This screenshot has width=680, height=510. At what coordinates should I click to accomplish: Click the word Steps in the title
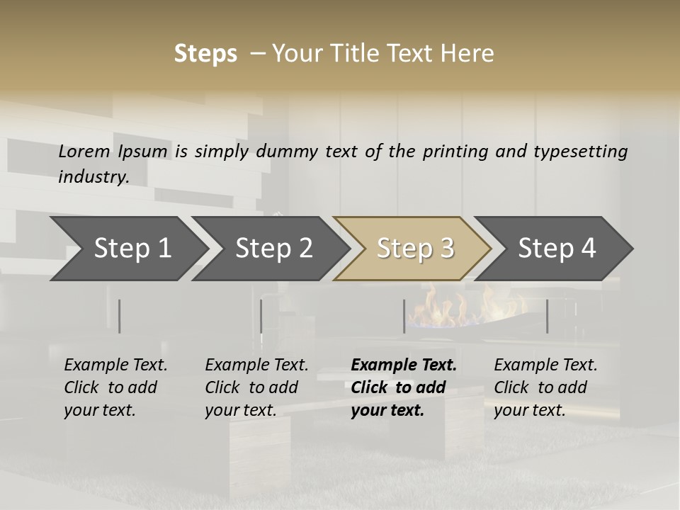coord(205,54)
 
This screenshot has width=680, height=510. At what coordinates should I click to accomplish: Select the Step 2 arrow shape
coord(273,249)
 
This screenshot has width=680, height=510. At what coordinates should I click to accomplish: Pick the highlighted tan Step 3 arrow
coord(415,249)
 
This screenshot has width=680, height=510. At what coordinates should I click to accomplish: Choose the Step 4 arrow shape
coord(557,249)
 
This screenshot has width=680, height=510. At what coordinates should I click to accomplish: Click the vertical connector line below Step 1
coord(120,316)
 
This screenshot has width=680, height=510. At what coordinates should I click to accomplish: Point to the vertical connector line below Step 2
coord(261,316)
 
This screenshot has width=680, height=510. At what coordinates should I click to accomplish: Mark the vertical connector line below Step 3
coord(404,316)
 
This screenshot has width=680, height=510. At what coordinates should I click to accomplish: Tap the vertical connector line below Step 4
coord(547,316)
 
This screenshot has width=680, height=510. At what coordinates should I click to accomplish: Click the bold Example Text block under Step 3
coord(403,387)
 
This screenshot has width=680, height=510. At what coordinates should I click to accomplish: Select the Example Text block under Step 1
coord(115,387)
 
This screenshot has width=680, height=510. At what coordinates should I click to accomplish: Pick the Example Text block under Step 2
coord(256,387)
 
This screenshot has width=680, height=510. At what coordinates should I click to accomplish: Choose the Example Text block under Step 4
coord(545,387)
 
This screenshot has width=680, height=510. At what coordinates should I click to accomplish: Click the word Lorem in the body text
coord(84,152)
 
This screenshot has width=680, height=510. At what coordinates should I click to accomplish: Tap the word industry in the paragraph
coord(93,177)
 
